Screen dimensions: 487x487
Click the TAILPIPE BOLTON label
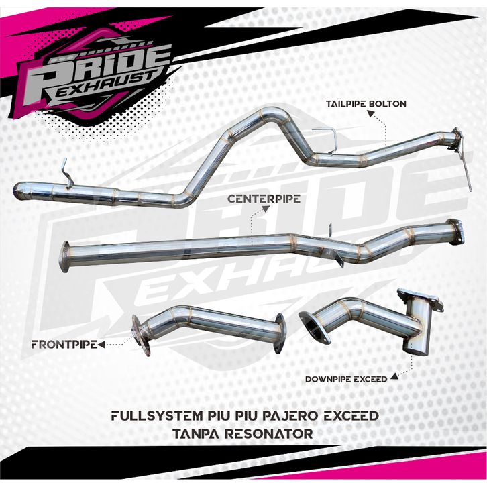point(366,104)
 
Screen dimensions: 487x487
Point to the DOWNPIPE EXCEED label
point(346,379)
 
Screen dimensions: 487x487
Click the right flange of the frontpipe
point(278,334)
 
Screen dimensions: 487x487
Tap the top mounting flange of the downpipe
point(421,299)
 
